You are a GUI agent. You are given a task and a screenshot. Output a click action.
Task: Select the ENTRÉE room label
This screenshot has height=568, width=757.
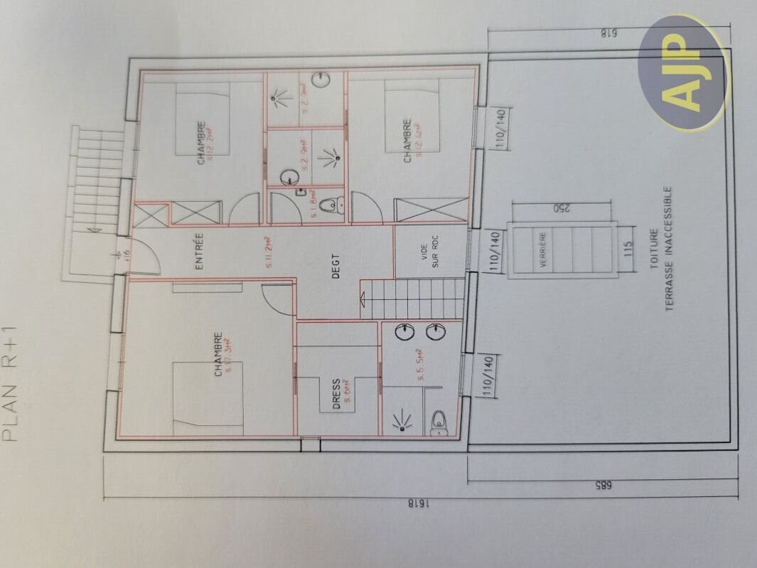click(200, 251)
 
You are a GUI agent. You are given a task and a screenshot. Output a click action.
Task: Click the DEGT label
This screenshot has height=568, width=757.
click(336, 266)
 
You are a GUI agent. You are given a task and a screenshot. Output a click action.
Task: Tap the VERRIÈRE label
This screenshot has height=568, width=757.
click(543, 249)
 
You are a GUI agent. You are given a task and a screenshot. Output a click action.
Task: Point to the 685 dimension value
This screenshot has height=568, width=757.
click(602, 485)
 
